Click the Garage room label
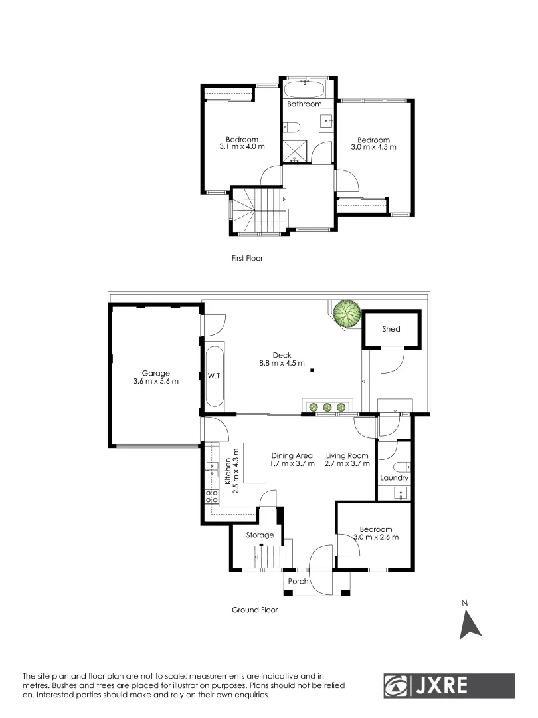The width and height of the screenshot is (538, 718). (x=155, y=373)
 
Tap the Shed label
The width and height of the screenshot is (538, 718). (x=391, y=329)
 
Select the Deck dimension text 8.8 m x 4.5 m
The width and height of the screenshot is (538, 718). (x=282, y=363)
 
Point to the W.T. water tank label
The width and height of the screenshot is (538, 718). (x=214, y=375)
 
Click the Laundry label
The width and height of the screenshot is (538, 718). (x=394, y=478)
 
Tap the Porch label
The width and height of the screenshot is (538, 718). (x=298, y=581)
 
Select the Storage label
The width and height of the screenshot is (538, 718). (x=260, y=535)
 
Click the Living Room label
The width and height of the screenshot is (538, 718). (x=347, y=455)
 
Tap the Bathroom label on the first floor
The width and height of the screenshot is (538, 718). (x=304, y=104)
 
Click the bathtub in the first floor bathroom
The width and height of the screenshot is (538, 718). (x=304, y=89)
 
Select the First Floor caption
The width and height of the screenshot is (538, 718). (x=248, y=258)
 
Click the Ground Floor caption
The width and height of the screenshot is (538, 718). (x=254, y=610)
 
